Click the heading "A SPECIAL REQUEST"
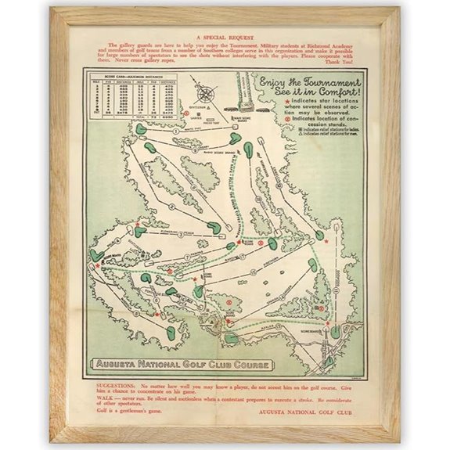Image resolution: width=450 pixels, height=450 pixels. pos(224,36)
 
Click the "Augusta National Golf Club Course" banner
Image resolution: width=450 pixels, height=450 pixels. pos(182,365)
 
